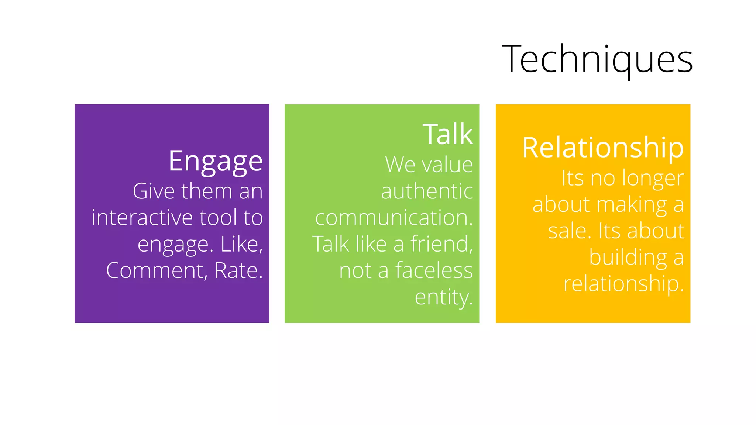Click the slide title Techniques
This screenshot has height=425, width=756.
point(597,59)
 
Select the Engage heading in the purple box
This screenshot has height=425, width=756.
point(216,161)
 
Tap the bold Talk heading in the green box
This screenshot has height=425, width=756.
point(447,134)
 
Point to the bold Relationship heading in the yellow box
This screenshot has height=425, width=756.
point(603,148)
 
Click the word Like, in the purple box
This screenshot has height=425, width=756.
point(241,244)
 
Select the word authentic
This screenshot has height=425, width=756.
point(427,191)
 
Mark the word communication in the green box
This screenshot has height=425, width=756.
point(392,218)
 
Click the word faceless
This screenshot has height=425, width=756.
point(434,270)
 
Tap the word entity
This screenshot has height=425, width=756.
point(443,297)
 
